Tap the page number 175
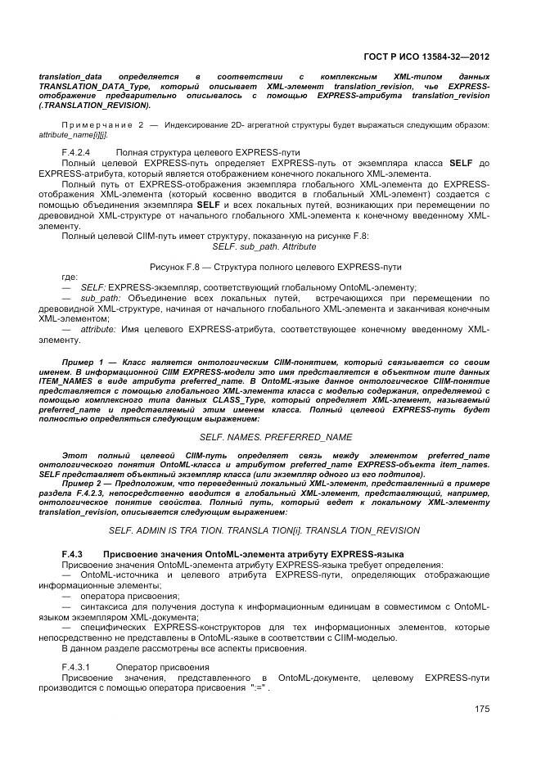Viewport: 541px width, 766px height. (481, 709)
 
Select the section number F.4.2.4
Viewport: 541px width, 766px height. (75, 152)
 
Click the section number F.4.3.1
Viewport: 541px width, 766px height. (75, 667)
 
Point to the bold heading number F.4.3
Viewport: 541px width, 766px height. (73, 555)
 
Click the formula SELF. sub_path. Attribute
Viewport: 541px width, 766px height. (264, 246)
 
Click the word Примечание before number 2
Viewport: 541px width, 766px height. (89, 124)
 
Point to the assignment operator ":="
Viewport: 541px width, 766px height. (259, 689)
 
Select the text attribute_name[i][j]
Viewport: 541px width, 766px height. (72, 134)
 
